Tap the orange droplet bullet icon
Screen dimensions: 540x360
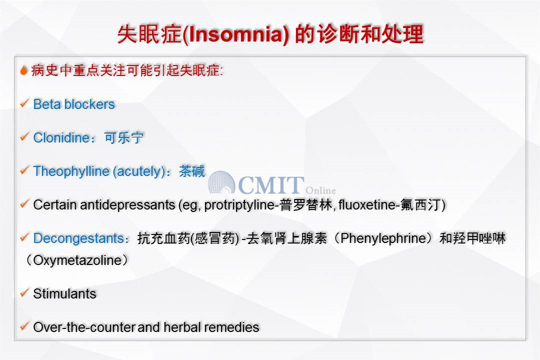coord(24,70)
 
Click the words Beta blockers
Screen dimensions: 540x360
coord(73,104)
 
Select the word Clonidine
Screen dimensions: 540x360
coord(61,138)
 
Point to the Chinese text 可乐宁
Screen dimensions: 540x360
coord(124,138)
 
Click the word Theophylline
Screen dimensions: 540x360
coord(71,171)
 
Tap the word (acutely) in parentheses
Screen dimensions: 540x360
coord(139,171)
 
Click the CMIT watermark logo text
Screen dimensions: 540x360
coord(271,185)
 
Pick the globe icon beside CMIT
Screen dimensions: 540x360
coord(221,182)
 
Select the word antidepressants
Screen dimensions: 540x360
coord(127,205)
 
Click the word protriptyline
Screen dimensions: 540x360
coord(239,205)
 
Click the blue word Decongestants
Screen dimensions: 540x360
coord(78,238)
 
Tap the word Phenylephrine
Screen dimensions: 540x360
coord(383,238)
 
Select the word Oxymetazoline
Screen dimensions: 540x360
coord(77,260)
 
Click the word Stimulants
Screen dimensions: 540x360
coord(64,294)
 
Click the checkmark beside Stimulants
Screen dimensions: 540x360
coord(24,293)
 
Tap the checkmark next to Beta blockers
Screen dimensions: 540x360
coord(24,103)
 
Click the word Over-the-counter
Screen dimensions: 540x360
coord(84,327)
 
